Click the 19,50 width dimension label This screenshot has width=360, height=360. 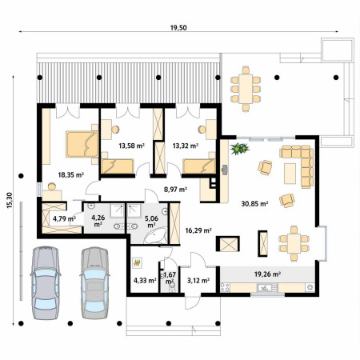pyautogui.click(x=178, y=27)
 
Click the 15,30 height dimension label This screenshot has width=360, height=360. pyautogui.click(x=10, y=200)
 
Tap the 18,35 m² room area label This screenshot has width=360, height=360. pyautogui.click(x=71, y=175)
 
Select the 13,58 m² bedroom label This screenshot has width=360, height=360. pyautogui.click(x=131, y=146)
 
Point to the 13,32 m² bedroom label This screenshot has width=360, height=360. pyautogui.click(x=186, y=146)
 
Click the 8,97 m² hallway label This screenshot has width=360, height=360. pyautogui.click(x=175, y=190)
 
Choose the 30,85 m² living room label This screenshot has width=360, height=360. pyautogui.click(x=254, y=204)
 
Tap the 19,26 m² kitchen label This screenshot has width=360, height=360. pyautogui.click(x=267, y=274)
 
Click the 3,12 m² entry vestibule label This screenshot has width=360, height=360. pyautogui.click(x=198, y=280)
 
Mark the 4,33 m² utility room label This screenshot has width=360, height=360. pyautogui.click(x=145, y=280)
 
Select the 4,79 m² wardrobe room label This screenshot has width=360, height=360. pyautogui.click(x=64, y=219)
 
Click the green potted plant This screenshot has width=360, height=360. pyautogui.click(x=239, y=148)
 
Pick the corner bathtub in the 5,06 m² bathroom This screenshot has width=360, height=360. pyautogui.click(x=155, y=235)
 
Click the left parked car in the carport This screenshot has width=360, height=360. pyautogui.click(x=46, y=283)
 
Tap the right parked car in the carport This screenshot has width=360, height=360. pyautogui.click(x=94, y=283)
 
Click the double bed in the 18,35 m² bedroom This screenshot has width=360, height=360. pyautogui.click(x=82, y=144)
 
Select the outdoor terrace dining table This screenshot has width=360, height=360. pyautogui.click(x=246, y=89)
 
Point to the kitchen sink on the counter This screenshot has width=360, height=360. pyautogui.click(x=264, y=287)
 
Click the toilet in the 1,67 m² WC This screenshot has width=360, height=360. pyautogui.click(x=172, y=287)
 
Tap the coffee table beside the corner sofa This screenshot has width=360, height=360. pyautogui.click(x=290, y=174)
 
